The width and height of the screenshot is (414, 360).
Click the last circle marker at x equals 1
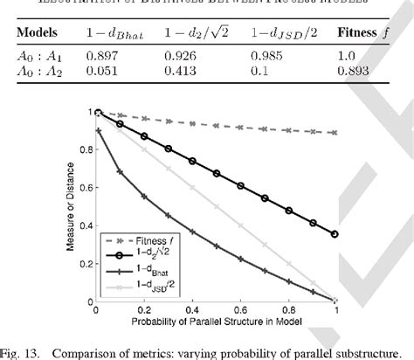[335, 234]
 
